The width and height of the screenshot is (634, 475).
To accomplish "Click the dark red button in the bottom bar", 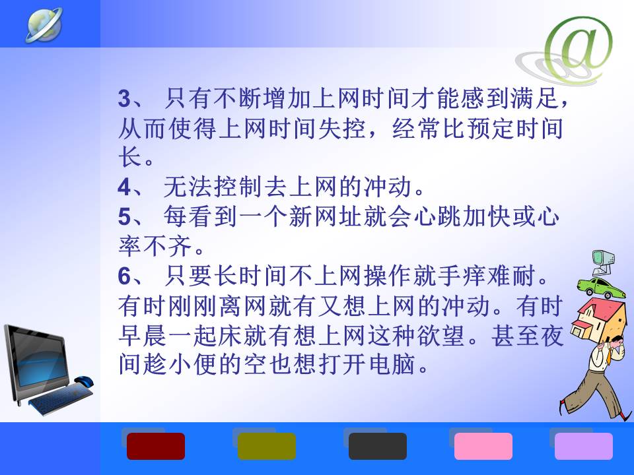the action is click(156, 447).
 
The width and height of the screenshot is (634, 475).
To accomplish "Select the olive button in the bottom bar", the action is click(266, 447).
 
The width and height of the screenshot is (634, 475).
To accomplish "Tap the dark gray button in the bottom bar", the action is click(378, 447).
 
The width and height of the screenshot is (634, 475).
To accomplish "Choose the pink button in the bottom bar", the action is click(483, 447).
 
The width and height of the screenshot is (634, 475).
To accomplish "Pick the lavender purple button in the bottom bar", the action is click(583, 447).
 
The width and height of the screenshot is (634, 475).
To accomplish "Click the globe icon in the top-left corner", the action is click(44, 24).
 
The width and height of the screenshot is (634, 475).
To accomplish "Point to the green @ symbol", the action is click(579, 47).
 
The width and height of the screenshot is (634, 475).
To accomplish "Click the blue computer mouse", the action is click(83, 381).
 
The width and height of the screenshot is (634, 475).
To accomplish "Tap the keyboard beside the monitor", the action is click(61, 398).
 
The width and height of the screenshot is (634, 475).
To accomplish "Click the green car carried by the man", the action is click(600, 287).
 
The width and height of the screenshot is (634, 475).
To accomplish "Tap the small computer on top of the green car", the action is click(603, 263).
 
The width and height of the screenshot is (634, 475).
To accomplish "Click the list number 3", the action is click(125, 98).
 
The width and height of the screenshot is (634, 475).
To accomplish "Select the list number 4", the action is click(125, 187).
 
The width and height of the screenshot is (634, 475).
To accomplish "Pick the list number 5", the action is click(125, 217).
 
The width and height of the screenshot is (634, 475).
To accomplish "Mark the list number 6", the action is click(125, 276).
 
